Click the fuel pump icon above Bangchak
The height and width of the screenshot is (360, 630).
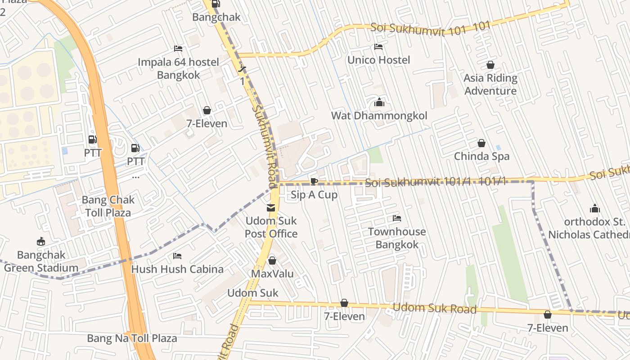216,4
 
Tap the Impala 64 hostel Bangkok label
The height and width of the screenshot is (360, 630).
178,68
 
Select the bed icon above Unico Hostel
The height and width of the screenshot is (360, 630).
378,47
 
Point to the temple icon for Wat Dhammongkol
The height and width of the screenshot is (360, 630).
379,103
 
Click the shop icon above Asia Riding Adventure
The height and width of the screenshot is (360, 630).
490,65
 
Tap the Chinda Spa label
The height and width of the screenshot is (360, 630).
481,156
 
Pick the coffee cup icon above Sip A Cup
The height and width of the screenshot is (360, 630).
314,181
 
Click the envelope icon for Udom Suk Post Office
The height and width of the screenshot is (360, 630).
271,208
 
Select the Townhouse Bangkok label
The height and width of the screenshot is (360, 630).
396,238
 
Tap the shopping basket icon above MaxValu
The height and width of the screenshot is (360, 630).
272,261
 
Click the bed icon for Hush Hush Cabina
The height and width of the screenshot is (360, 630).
177,256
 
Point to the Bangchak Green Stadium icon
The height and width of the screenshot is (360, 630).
41,242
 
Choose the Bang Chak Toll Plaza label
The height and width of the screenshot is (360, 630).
108,206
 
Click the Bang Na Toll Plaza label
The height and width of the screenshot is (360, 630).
132,338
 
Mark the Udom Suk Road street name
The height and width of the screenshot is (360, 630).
434,308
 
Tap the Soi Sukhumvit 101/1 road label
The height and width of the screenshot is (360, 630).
436,182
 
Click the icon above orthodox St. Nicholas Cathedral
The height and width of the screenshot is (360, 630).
594,208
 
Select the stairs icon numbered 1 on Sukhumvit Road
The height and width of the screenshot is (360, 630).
242,68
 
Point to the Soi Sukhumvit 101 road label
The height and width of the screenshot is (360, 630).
430,27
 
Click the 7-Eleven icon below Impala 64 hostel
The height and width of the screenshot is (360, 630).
207,110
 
